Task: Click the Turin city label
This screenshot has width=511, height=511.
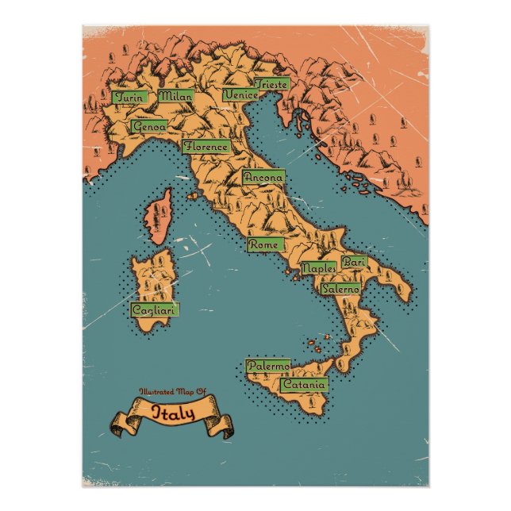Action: point(129,98)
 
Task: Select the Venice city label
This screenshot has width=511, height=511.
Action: point(240,95)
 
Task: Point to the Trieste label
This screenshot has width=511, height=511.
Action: point(271,84)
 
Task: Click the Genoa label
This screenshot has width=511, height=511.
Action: point(149,126)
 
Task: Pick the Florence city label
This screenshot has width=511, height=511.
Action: point(206,147)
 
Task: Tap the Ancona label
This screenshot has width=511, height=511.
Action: point(263,178)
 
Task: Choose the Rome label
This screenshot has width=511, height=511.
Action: point(263,246)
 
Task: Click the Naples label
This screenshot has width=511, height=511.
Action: point(319,269)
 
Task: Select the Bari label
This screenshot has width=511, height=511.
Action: point(352,262)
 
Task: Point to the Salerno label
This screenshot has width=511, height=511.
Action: point(340,289)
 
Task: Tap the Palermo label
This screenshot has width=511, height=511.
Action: point(267,367)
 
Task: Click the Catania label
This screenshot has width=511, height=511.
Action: point(303,385)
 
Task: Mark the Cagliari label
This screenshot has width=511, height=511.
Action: point(154,309)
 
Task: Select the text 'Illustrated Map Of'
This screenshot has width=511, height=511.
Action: point(172,393)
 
